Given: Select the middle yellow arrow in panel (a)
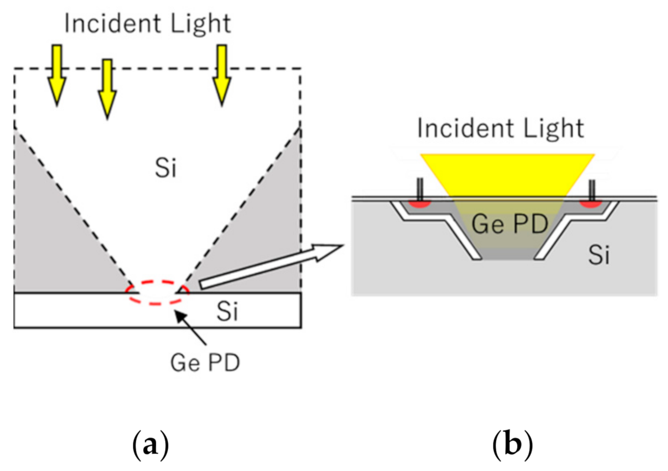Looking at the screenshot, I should (106, 88).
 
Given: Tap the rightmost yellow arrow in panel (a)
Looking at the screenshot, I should (221, 74).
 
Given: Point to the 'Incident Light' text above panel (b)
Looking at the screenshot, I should (500, 128).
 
